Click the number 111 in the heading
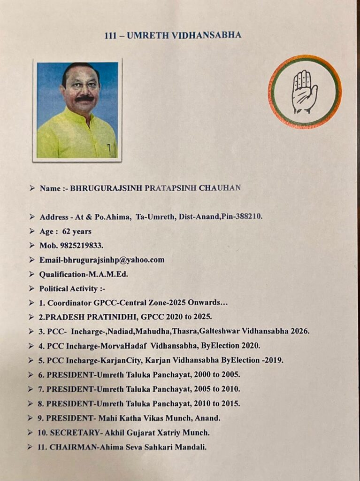click(112, 35)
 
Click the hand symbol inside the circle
click(304, 92)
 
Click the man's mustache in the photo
click(84, 99)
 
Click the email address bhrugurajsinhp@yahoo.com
click(114, 260)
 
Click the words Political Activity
click(69, 288)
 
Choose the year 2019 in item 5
click(274, 360)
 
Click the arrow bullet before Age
click(31, 231)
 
